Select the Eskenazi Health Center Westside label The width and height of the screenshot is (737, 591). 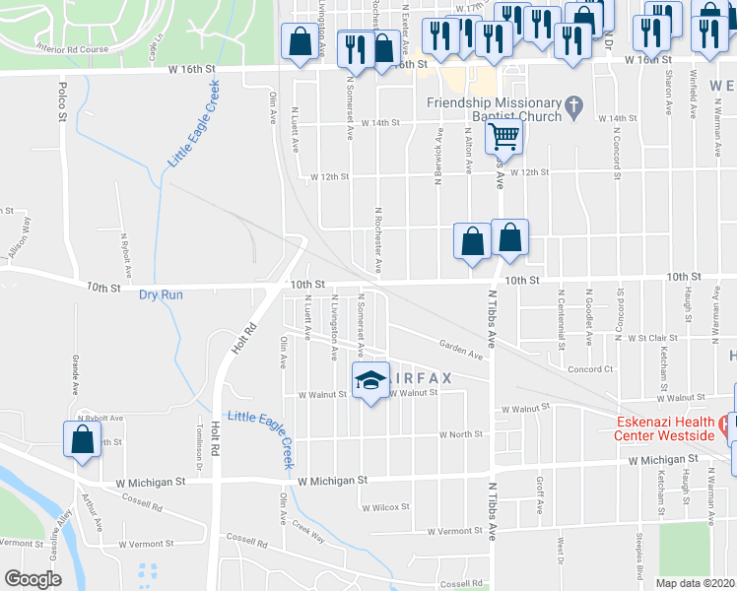[665, 428]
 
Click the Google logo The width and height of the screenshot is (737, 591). [33, 579]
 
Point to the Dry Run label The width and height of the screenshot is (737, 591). [162, 295]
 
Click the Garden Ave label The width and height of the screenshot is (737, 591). [461, 350]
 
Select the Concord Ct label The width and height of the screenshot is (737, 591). [590, 369]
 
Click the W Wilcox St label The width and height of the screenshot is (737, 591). [384, 508]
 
